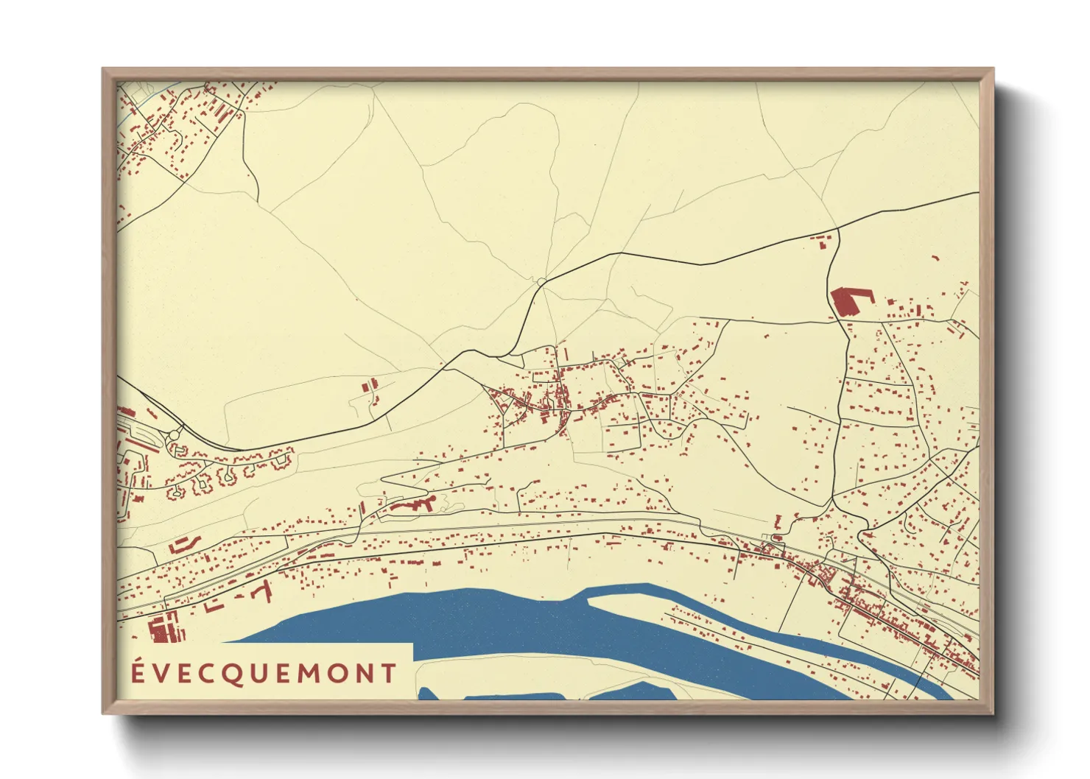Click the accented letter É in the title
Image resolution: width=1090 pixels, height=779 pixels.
(x=138, y=674)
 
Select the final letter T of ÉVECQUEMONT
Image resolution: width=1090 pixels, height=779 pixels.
(x=388, y=674)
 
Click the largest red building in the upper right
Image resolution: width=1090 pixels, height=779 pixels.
(x=848, y=301)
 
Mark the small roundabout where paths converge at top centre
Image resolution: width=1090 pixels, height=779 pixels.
(x=541, y=281)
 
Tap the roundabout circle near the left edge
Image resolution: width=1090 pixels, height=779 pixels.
(x=174, y=436)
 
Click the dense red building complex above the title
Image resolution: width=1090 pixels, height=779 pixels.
(x=163, y=628)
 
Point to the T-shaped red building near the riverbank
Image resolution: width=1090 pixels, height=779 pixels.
(x=259, y=591)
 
